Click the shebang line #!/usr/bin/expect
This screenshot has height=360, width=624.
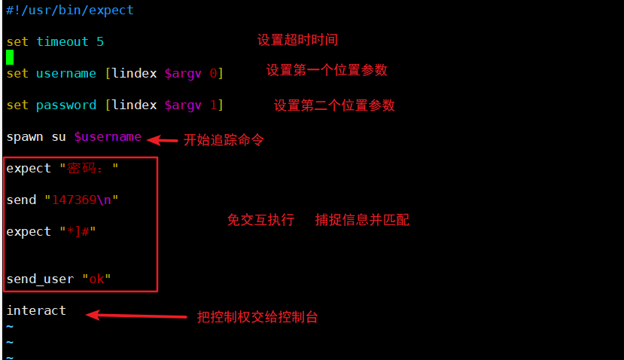[70, 11]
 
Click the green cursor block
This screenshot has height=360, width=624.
[10, 56]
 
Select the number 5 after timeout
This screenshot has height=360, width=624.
[100, 42]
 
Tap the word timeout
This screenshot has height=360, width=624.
[62, 42]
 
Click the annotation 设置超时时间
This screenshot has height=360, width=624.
[297, 40]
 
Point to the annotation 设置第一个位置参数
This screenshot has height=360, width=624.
[327, 70]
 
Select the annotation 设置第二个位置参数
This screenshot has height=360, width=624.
[334, 105]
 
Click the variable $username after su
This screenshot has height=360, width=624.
[108, 137]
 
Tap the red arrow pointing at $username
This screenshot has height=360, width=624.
[161, 140]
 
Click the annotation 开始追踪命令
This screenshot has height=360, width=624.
[224, 140]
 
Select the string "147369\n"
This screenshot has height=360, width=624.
[81, 200]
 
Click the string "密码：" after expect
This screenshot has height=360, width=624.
[89, 169]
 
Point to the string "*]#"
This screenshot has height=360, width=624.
[78, 231]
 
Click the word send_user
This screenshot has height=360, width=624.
[40, 279]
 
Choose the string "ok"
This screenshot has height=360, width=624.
[96, 279]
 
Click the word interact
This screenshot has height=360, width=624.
[36, 310]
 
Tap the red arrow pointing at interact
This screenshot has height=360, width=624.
[135, 316]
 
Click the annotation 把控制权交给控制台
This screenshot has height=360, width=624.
[257, 317]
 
